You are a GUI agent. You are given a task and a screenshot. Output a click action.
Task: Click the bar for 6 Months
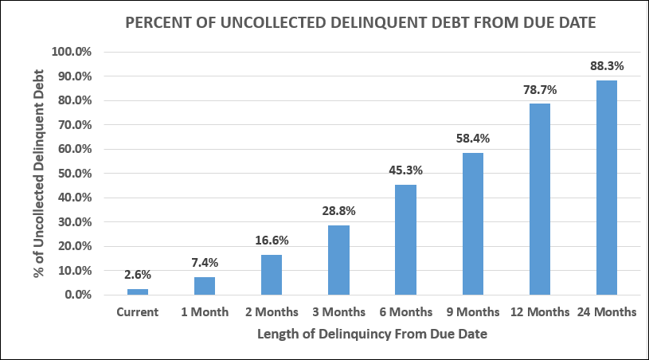406,240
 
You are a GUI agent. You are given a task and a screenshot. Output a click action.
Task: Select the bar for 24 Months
607,187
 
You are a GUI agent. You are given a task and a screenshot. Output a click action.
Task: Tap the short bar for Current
138,292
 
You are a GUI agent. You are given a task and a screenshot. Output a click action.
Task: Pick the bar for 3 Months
339,260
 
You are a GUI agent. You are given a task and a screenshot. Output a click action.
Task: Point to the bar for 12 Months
540,199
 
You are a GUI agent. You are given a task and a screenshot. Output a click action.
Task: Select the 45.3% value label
406,170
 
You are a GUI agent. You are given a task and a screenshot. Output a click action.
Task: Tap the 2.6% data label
138,275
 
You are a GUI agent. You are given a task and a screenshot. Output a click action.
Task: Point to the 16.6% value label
272,241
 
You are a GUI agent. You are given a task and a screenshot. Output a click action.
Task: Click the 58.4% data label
473,139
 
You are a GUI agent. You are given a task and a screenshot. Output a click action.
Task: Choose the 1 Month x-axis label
205,312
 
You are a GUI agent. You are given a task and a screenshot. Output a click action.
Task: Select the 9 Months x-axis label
473,312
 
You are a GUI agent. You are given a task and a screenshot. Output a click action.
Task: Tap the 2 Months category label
272,312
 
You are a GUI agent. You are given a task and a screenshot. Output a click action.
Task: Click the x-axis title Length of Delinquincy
372,334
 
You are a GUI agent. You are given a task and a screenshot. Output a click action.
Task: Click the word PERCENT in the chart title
162,23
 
